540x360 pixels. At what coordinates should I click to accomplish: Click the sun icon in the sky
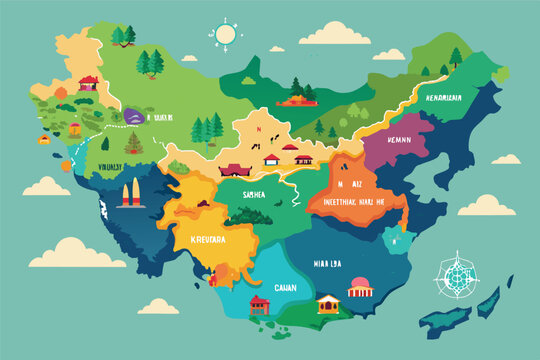pyautogui.click(x=225, y=34)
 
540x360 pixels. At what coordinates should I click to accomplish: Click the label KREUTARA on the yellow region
pyautogui.click(x=204, y=240)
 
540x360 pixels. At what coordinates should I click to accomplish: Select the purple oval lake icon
pyautogui.click(x=134, y=117)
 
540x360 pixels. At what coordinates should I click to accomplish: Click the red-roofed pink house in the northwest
pyautogui.click(x=89, y=82)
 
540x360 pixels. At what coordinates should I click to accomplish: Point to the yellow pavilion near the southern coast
pyautogui.click(x=327, y=302)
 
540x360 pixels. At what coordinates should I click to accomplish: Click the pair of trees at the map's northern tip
pyautogui.click(x=123, y=35)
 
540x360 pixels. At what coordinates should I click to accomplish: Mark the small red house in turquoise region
pyautogui.click(x=259, y=303)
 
